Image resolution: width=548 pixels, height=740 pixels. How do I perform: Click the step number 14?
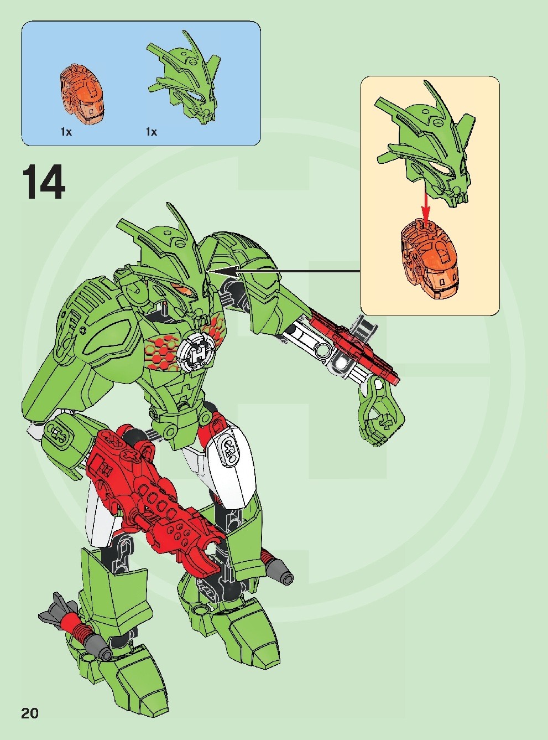(x=44, y=182)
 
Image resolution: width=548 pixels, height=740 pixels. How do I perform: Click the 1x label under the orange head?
(x=66, y=132)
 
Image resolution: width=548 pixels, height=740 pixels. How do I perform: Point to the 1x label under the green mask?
(x=151, y=132)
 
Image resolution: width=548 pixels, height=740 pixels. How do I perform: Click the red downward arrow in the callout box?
(x=425, y=205)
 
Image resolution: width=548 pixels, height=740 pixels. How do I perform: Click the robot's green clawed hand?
(x=380, y=410)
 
